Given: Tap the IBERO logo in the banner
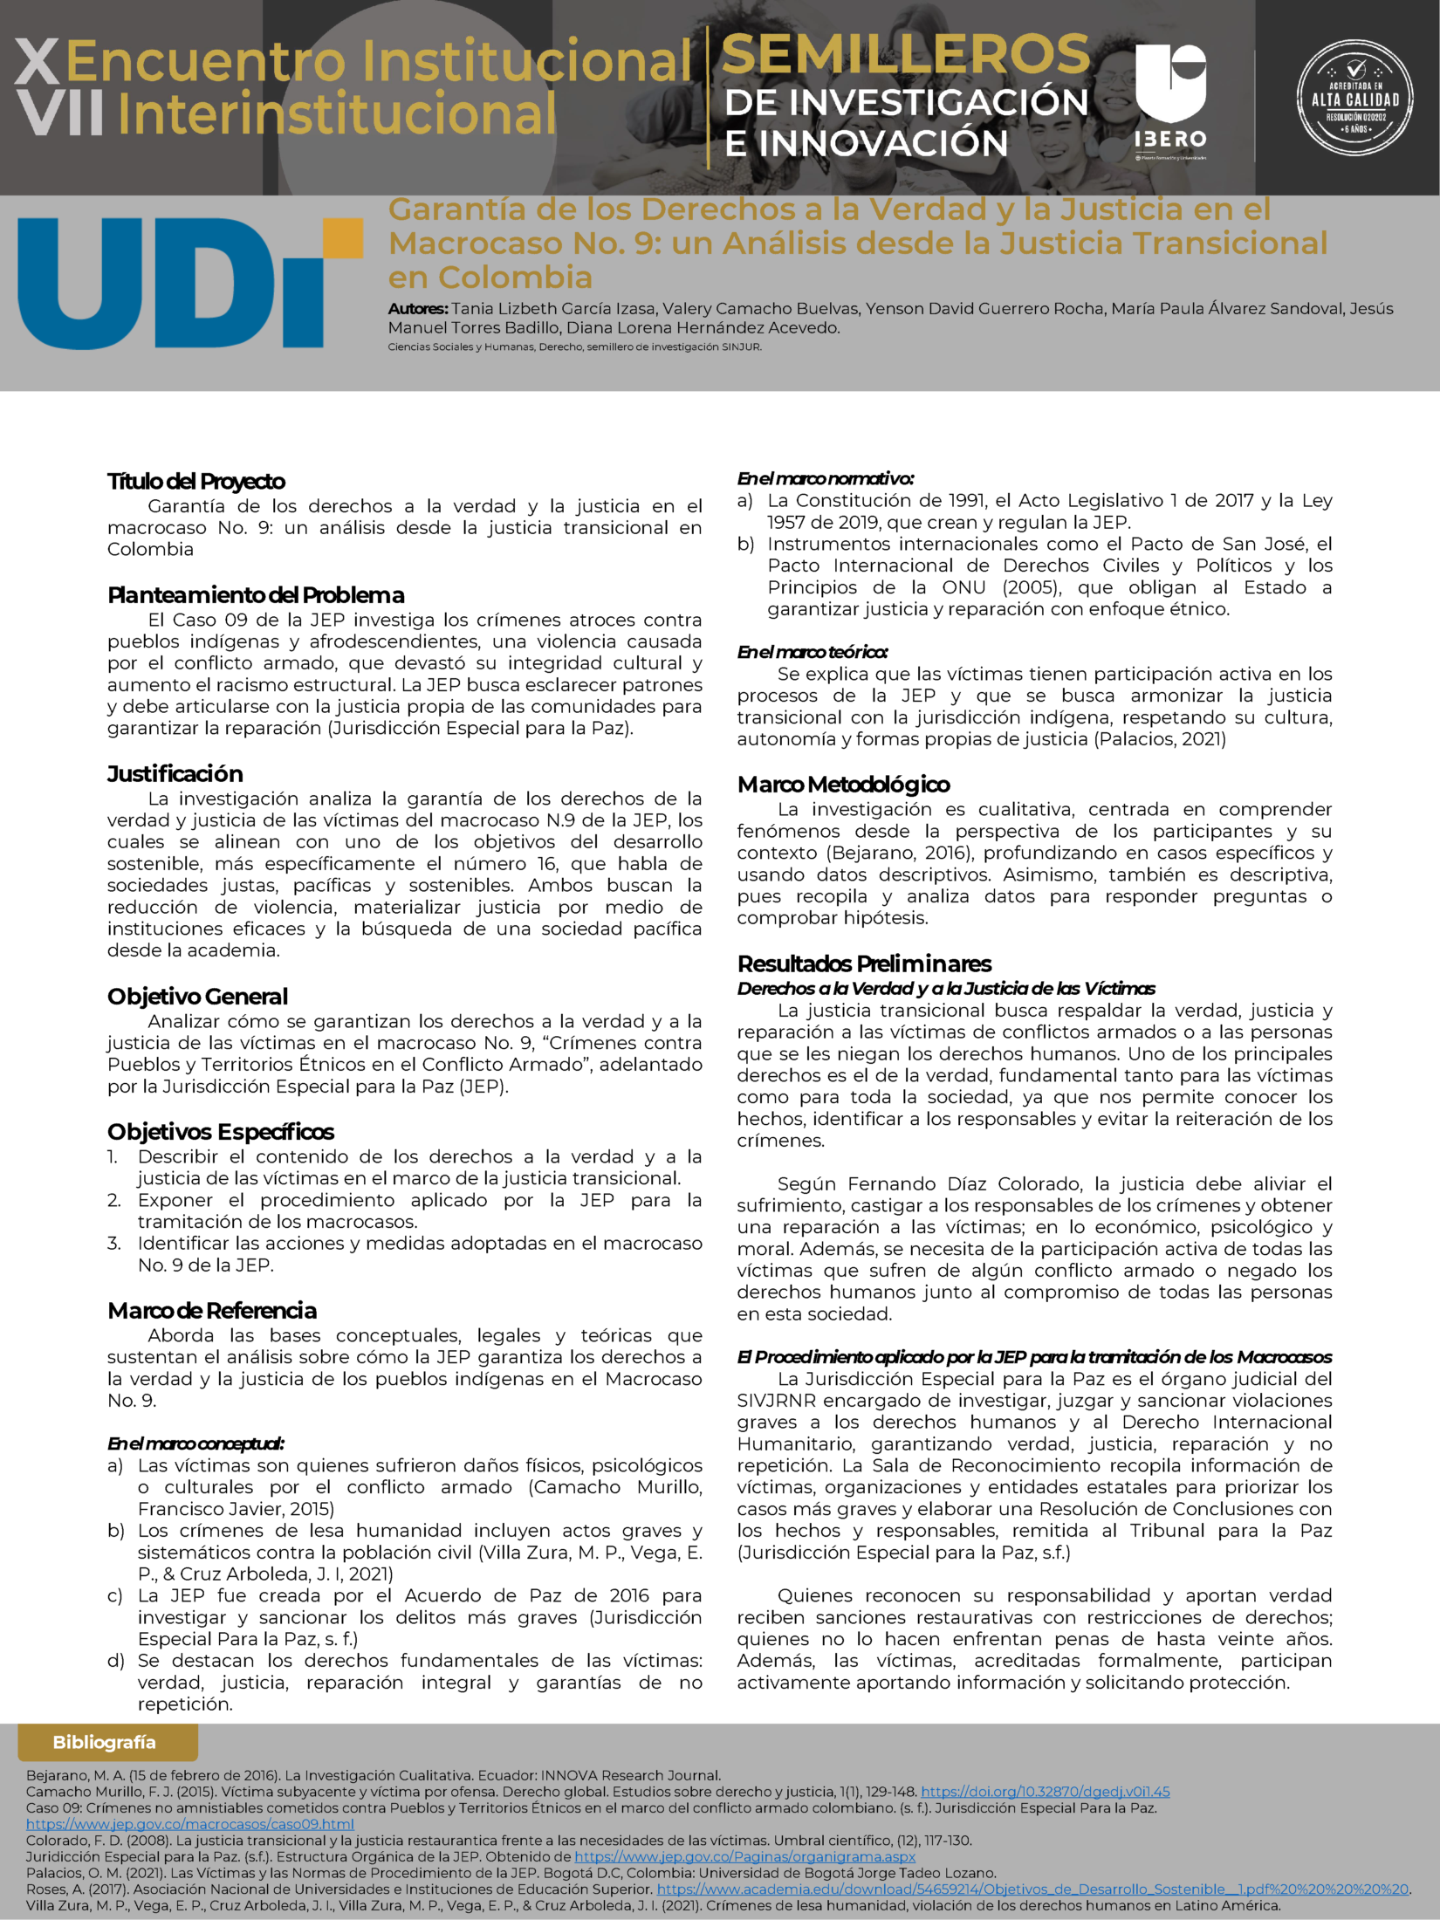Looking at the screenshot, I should [1169, 96].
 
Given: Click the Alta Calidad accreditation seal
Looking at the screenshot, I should [1354, 98].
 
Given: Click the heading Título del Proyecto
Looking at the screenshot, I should [196, 481].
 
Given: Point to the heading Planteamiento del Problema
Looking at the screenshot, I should [256, 595].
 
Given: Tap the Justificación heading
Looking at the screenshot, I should [175, 773].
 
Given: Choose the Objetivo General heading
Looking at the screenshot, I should [197, 996].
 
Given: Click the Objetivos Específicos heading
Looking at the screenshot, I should [221, 1131].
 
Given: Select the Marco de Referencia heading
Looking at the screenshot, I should [212, 1310].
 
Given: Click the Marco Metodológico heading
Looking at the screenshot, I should [843, 784].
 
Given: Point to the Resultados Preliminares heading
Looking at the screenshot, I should [864, 963].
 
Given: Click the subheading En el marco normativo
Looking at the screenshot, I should [825, 478].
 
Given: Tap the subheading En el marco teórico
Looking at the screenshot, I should [813, 652].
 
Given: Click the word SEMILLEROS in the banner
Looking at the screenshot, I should [905, 54].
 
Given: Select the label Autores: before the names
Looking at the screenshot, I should [418, 309].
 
